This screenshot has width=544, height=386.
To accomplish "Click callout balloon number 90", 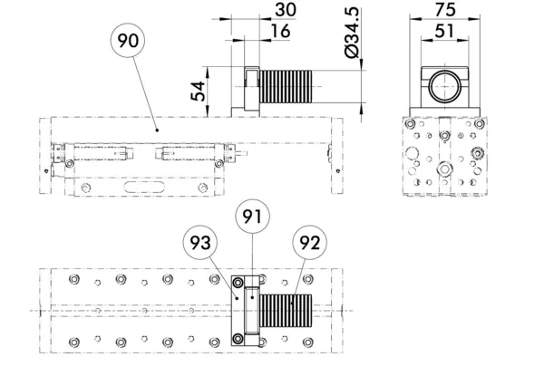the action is pos(128,41).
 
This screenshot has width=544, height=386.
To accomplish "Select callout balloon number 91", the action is pos(252,217).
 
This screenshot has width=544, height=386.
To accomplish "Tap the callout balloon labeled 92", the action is pos(309,243).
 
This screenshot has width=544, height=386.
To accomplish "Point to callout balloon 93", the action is pos(200,243).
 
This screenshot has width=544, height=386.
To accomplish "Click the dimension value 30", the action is pos(286,10).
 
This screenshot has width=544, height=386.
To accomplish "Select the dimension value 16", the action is pos(280,31).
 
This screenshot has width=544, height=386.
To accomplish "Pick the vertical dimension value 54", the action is pos(199,92).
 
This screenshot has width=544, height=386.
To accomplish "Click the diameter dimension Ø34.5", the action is pos(352,33).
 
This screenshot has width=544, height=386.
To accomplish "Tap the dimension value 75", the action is pos(445,10).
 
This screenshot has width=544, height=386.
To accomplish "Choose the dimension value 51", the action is pos(444,31).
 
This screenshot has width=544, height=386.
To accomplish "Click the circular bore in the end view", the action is pos(445,87).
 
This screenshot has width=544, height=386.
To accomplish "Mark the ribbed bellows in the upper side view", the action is pos(286,87).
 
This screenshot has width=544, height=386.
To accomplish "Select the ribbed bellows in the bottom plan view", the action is pos(286,311).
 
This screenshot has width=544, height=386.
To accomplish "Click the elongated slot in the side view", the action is pos(144,187).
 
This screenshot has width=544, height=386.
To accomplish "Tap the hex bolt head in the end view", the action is pos(444,169).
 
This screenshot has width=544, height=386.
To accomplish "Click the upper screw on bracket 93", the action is pos(238,283).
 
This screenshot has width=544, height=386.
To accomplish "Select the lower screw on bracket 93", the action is pos(238,339).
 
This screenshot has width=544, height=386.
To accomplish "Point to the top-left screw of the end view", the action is pos(411,123).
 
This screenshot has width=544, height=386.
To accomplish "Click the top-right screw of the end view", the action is pos(480,123).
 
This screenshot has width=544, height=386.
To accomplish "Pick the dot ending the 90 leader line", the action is pos(157,130).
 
